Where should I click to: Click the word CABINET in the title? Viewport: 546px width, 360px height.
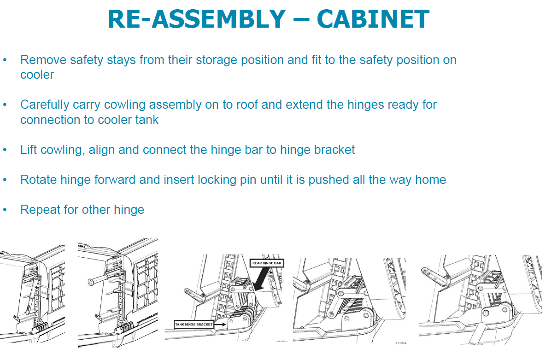373,19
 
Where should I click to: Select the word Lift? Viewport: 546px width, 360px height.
28,150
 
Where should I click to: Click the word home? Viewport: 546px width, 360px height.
431,180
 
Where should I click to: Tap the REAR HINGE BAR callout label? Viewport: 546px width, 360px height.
266,263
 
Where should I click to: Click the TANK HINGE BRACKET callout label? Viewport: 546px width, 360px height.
194,325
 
